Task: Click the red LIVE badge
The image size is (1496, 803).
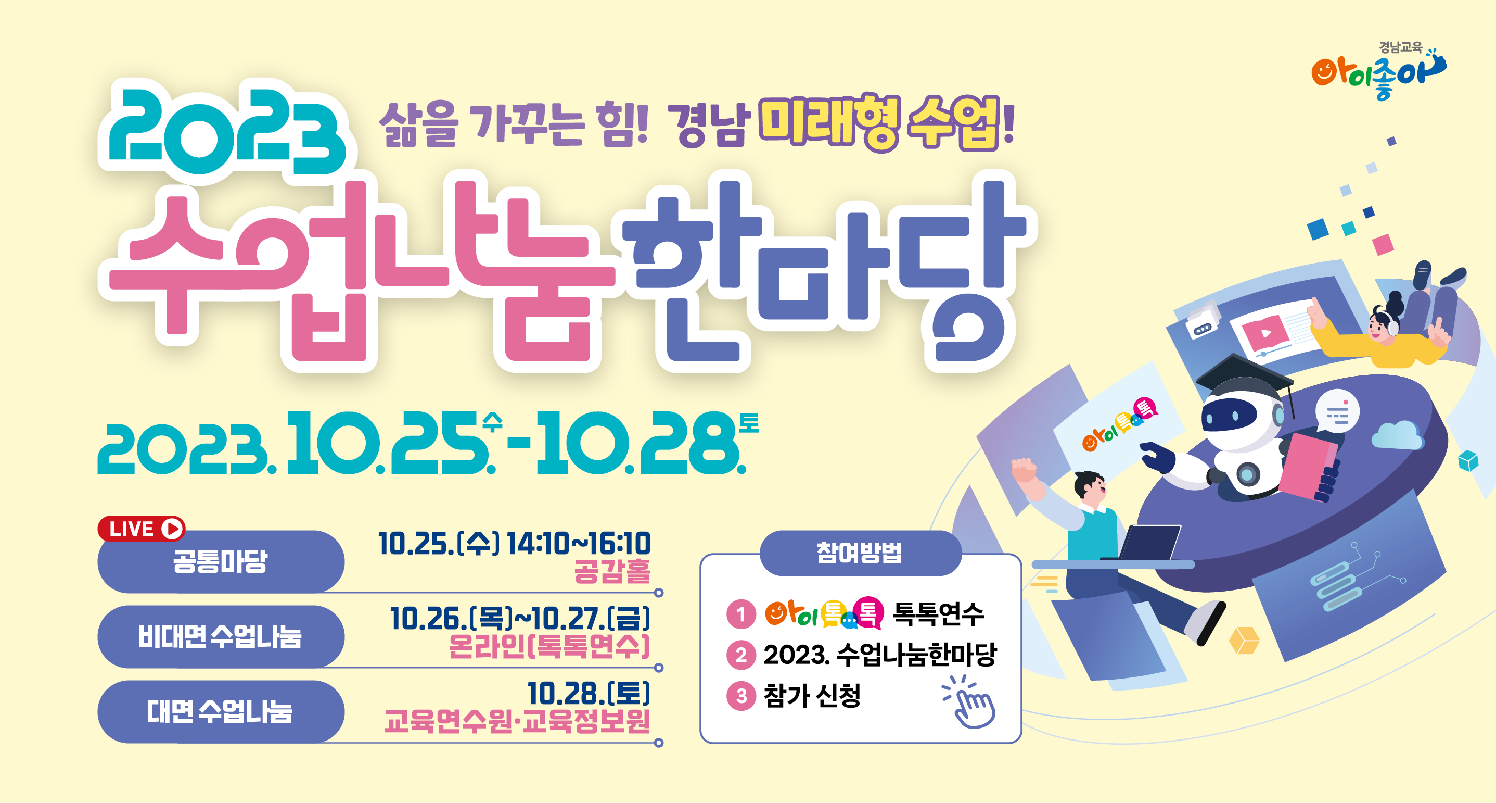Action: (141, 529)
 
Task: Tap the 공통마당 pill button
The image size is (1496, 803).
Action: (221, 561)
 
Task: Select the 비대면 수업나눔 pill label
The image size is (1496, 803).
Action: (221, 636)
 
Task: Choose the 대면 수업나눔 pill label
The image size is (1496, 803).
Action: (221, 711)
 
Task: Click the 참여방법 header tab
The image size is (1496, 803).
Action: (860, 553)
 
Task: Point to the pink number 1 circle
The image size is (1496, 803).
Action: (741, 613)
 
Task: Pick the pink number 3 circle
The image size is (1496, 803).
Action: (741, 696)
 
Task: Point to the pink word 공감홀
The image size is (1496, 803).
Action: (612, 571)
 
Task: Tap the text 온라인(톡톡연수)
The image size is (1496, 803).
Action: (549, 646)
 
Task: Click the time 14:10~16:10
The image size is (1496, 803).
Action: (579, 544)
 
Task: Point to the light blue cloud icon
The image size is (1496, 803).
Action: (1397, 436)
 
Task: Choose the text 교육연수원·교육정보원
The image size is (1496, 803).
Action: (517, 721)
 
